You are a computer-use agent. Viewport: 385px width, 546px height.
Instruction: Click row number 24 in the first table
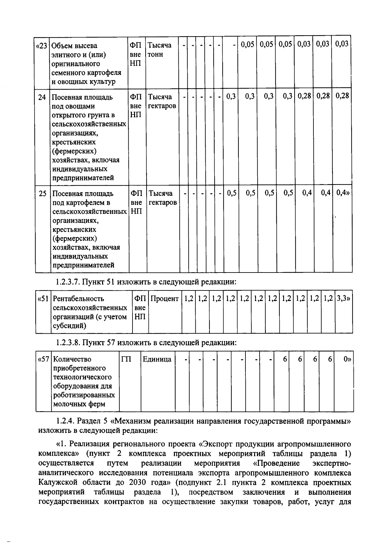[42, 97]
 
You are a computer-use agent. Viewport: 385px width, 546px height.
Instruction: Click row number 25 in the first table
[42, 194]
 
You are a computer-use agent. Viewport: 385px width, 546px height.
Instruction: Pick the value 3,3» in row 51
[343, 298]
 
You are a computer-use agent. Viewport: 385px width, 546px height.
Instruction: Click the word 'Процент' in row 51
[165, 299]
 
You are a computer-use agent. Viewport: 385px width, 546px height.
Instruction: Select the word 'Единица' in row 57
[157, 359]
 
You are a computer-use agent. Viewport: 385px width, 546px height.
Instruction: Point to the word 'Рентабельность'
[78, 299]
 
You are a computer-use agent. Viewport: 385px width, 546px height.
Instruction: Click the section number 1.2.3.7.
[68, 282]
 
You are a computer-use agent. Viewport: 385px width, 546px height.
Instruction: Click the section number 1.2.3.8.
[68, 343]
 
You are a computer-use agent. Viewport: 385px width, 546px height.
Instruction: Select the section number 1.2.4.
[65, 421]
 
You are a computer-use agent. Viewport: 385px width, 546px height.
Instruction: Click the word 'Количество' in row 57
[72, 359]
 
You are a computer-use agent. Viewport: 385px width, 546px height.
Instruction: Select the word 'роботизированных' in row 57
[84, 395]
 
